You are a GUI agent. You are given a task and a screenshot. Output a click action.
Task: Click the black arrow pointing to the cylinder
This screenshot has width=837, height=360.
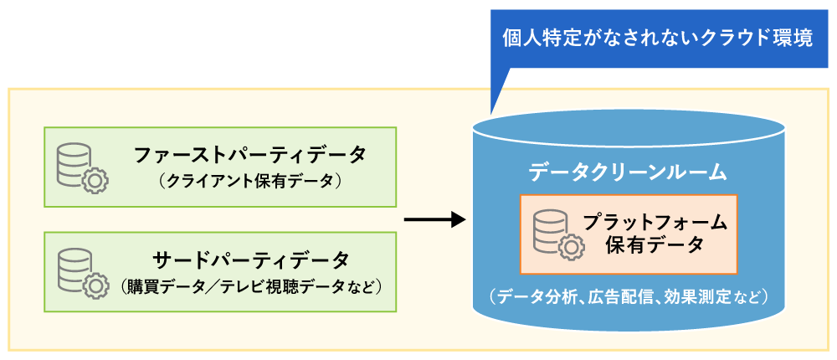pyautogui.click(x=434, y=220)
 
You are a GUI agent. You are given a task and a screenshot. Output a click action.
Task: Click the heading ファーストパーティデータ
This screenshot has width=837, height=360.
pyautogui.click(x=249, y=156)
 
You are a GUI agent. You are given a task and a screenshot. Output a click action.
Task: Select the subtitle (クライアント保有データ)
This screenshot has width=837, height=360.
pyautogui.click(x=249, y=180)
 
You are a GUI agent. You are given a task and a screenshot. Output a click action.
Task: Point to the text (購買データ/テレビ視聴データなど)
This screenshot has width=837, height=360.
pyautogui.click(x=250, y=285)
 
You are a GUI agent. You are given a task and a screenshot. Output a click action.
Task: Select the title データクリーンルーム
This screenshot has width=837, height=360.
pyautogui.click(x=628, y=172)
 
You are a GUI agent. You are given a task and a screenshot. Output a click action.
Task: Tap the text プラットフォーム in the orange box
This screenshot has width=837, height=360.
pyautogui.click(x=655, y=223)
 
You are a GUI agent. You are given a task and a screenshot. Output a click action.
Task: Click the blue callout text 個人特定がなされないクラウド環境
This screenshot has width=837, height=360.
pyautogui.click(x=657, y=39)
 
